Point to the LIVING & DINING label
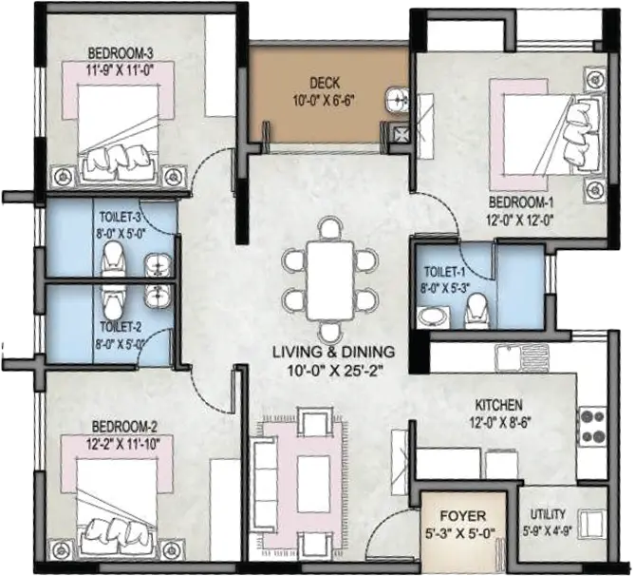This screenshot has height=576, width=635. click(x=333, y=352)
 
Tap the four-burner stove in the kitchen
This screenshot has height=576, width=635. click(x=593, y=426)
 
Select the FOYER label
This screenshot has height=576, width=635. click(x=462, y=516)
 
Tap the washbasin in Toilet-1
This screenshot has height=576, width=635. click(x=431, y=316)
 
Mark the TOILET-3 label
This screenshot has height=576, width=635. click(x=120, y=217)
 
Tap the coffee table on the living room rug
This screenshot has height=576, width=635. click(x=314, y=484)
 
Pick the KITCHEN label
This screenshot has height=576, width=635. click(x=498, y=405)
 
